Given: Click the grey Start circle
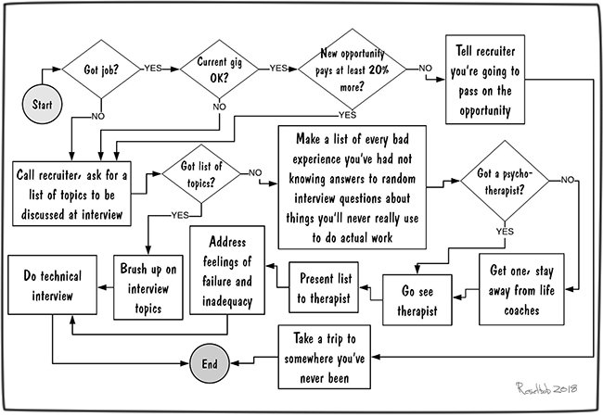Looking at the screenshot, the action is (43, 104).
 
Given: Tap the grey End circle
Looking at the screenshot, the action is (210, 363).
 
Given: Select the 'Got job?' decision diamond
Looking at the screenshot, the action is (101, 69).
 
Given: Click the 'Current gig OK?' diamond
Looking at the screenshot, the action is (220, 69).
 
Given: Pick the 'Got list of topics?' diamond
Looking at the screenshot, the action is (201, 173).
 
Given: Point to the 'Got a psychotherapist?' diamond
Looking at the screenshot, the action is (505, 181).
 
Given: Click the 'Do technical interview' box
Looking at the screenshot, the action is (52, 284).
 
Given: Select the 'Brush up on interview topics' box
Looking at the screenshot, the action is (148, 287).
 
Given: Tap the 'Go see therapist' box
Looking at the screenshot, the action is (417, 300).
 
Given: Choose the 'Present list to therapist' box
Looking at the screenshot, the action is (324, 287).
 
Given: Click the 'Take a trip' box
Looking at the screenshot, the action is (325, 357).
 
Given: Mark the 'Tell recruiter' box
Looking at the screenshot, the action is (485, 80).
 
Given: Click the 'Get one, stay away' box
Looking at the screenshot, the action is (522, 289).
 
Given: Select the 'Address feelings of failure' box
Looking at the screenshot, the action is (227, 271).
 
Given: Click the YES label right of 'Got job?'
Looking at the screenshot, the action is (153, 68).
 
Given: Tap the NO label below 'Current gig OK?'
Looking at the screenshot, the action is (219, 107).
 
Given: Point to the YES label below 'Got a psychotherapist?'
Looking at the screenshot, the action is (505, 231).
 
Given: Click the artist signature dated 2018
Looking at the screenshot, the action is (546, 388).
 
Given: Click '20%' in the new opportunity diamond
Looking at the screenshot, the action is (378, 69).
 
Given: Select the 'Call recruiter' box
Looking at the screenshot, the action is (71, 194).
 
